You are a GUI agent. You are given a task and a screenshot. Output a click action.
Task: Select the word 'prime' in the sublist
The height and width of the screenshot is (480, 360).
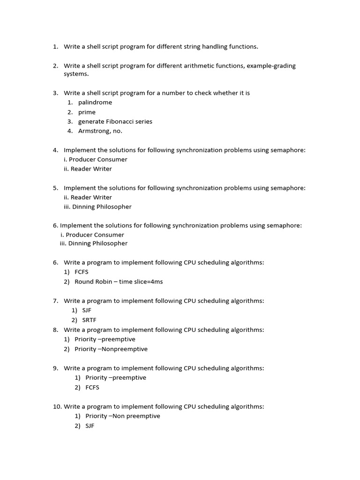click(87, 112)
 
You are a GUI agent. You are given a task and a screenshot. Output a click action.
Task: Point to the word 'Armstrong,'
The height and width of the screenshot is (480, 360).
click(95, 131)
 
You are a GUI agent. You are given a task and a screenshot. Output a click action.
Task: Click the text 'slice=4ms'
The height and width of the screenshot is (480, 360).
click(149, 282)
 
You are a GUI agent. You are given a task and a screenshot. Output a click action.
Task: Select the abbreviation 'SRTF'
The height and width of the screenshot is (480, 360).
click(89, 320)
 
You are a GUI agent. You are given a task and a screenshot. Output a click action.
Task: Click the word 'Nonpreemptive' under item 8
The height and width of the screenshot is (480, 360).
click(128, 349)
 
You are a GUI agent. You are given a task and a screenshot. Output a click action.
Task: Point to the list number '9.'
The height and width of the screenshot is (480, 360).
click(55, 368)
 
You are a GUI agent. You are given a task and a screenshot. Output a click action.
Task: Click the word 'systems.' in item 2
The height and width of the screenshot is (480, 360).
click(76, 74)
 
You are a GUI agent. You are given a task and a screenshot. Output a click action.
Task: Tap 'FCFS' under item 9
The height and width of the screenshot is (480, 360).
click(92, 388)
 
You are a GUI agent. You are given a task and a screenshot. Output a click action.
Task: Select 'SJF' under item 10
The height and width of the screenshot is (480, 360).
click(90, 426)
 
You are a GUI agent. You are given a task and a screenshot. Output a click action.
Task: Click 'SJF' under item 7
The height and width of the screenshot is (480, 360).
click(87, 310)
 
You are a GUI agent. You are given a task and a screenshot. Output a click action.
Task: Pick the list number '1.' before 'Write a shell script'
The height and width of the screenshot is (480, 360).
click(55, 47)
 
